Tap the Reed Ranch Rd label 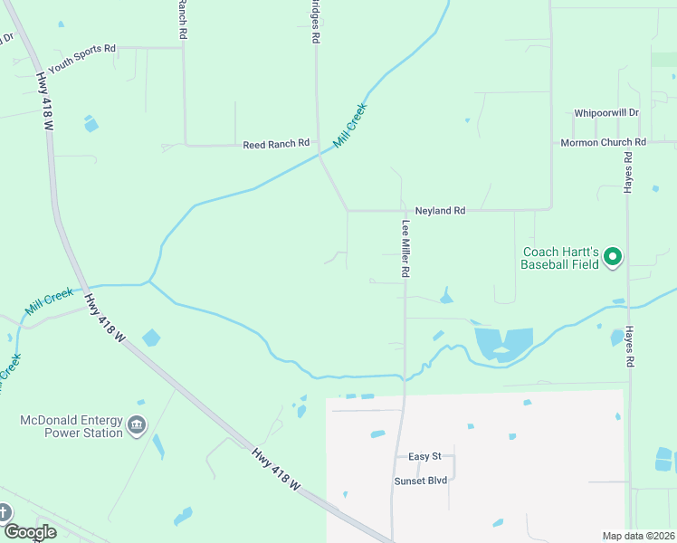tap(276, 144)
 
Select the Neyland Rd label tap(440, 211)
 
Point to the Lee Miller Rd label tap(407, 247)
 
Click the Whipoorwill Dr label tap(606, 113)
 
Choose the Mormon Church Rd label tap(603, 143)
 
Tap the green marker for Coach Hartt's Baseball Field tap(613, 257)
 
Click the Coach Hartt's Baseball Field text tap(559, 259)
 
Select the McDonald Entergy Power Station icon tap(137, 425)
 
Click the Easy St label tap(424, 457)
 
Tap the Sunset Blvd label tap(421, 481)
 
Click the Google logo tap(30, 532)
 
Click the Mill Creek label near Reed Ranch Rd tap(350, 126)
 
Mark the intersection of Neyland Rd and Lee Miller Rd tap(404, 211)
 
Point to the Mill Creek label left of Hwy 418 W tap(49, 301)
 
